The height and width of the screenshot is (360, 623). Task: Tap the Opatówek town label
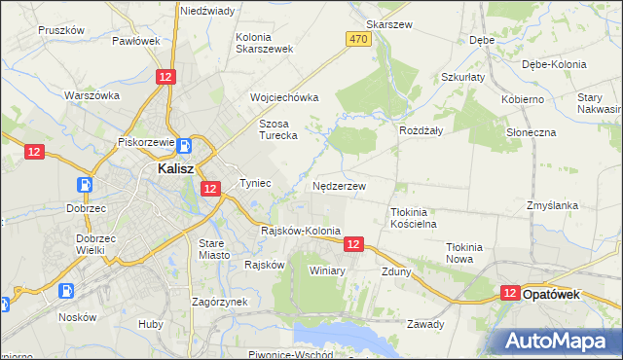click(x=552, y=292)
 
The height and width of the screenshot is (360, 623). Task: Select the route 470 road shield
click(x=358, y=38)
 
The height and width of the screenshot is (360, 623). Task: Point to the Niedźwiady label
click(x=206, y=10)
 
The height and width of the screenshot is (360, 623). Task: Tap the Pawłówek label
click(x=135, y=41)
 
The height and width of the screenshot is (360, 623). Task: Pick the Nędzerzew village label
click(x=339, y=185)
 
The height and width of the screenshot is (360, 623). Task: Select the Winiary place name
click(x=327, y=270)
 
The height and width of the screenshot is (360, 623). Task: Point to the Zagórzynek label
click(x=219, y=302)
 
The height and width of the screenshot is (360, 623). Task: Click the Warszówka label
click(x=92, y=95)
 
